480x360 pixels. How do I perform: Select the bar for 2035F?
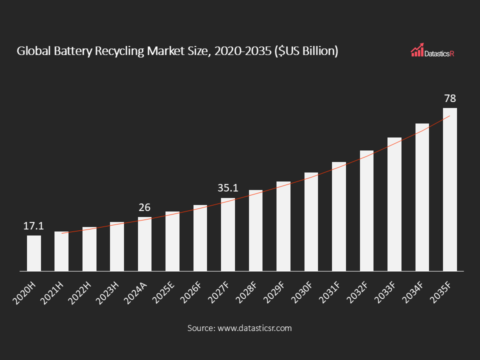[450, 190]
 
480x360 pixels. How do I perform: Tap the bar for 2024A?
[144, 244]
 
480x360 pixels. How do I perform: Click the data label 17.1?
[34, 226]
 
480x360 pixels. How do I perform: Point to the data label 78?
[450, 98]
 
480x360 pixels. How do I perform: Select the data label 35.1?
[228, 188]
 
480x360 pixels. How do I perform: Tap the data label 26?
[144, 207]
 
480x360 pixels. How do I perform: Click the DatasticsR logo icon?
[417, 50]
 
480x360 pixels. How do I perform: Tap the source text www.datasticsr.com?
[253, 328]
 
